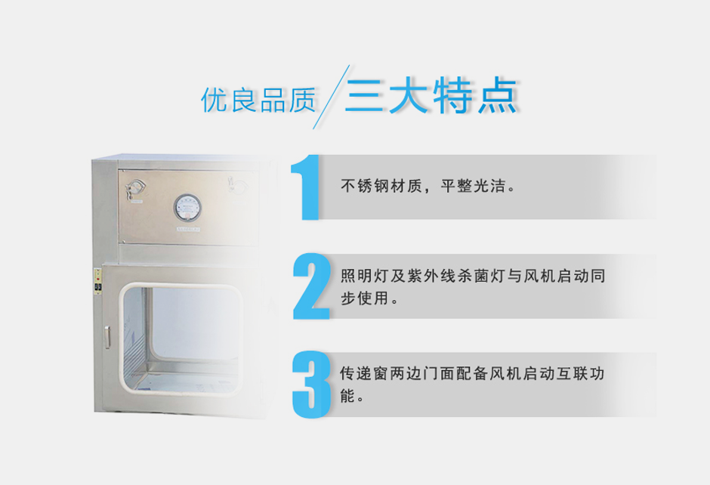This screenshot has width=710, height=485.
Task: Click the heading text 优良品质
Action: click(258, 100)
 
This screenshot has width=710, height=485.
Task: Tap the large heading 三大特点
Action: click(431, 95)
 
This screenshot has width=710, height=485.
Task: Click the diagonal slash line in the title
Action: click(331, 97)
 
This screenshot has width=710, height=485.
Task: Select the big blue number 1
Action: click(306, 187)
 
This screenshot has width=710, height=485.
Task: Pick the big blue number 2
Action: click(311, 286)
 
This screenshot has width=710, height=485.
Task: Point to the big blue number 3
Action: click(311, 385)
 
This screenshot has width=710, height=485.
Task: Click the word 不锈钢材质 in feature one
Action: click(381, 186)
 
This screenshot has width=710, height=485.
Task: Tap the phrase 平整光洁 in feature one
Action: click(473, 186)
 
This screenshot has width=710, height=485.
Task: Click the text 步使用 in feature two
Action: click(365, 298)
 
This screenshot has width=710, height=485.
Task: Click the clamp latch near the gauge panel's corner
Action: click(135, 190)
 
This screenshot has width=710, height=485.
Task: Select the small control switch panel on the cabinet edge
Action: click(97, 281)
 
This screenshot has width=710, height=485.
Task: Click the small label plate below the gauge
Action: click(188, 229)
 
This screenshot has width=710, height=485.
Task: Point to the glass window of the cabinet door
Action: click(181, 338)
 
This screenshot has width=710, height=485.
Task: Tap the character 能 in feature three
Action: click(347, 397)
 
